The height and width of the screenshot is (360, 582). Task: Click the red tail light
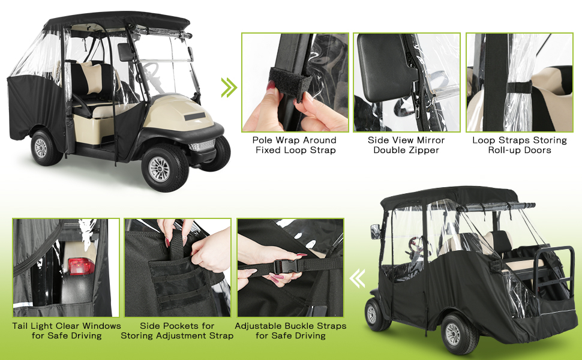(x=81, y=266)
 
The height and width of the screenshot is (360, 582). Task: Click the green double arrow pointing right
(x=229, y=88)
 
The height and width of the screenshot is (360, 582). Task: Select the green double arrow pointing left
(x=357, y=278)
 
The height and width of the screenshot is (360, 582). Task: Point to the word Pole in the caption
(x=263, y=140)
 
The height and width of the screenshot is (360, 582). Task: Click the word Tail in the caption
(x=20, y=326)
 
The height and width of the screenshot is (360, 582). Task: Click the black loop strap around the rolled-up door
(x=519, y=88)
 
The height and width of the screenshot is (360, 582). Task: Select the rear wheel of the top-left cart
(x=44, y=148)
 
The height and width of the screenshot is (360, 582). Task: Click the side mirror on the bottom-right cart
(x=375, y=231)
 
